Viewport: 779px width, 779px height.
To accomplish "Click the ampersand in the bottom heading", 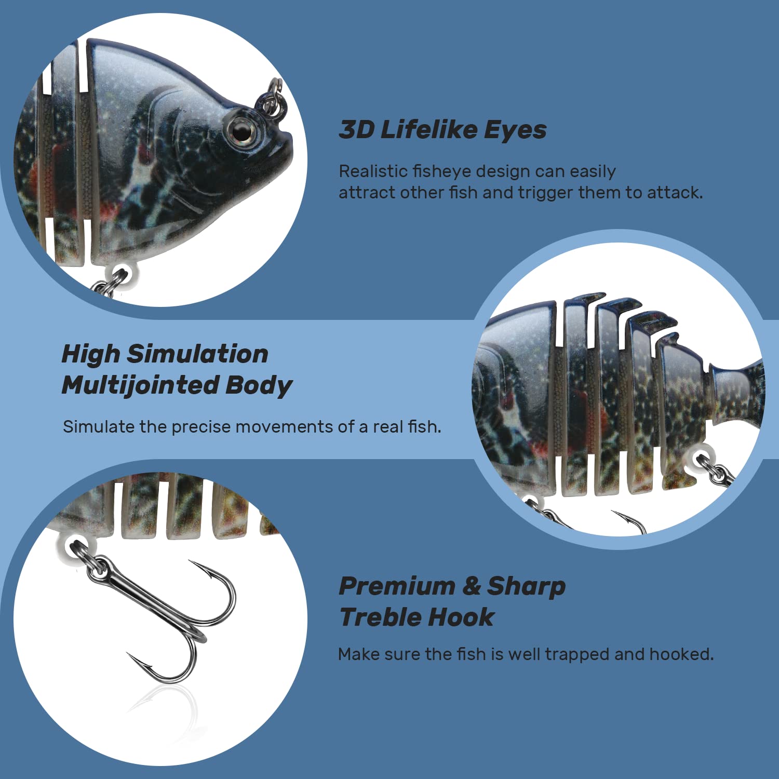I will tap(472, 586).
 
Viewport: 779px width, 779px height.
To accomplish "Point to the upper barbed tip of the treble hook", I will tap(193, 563).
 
